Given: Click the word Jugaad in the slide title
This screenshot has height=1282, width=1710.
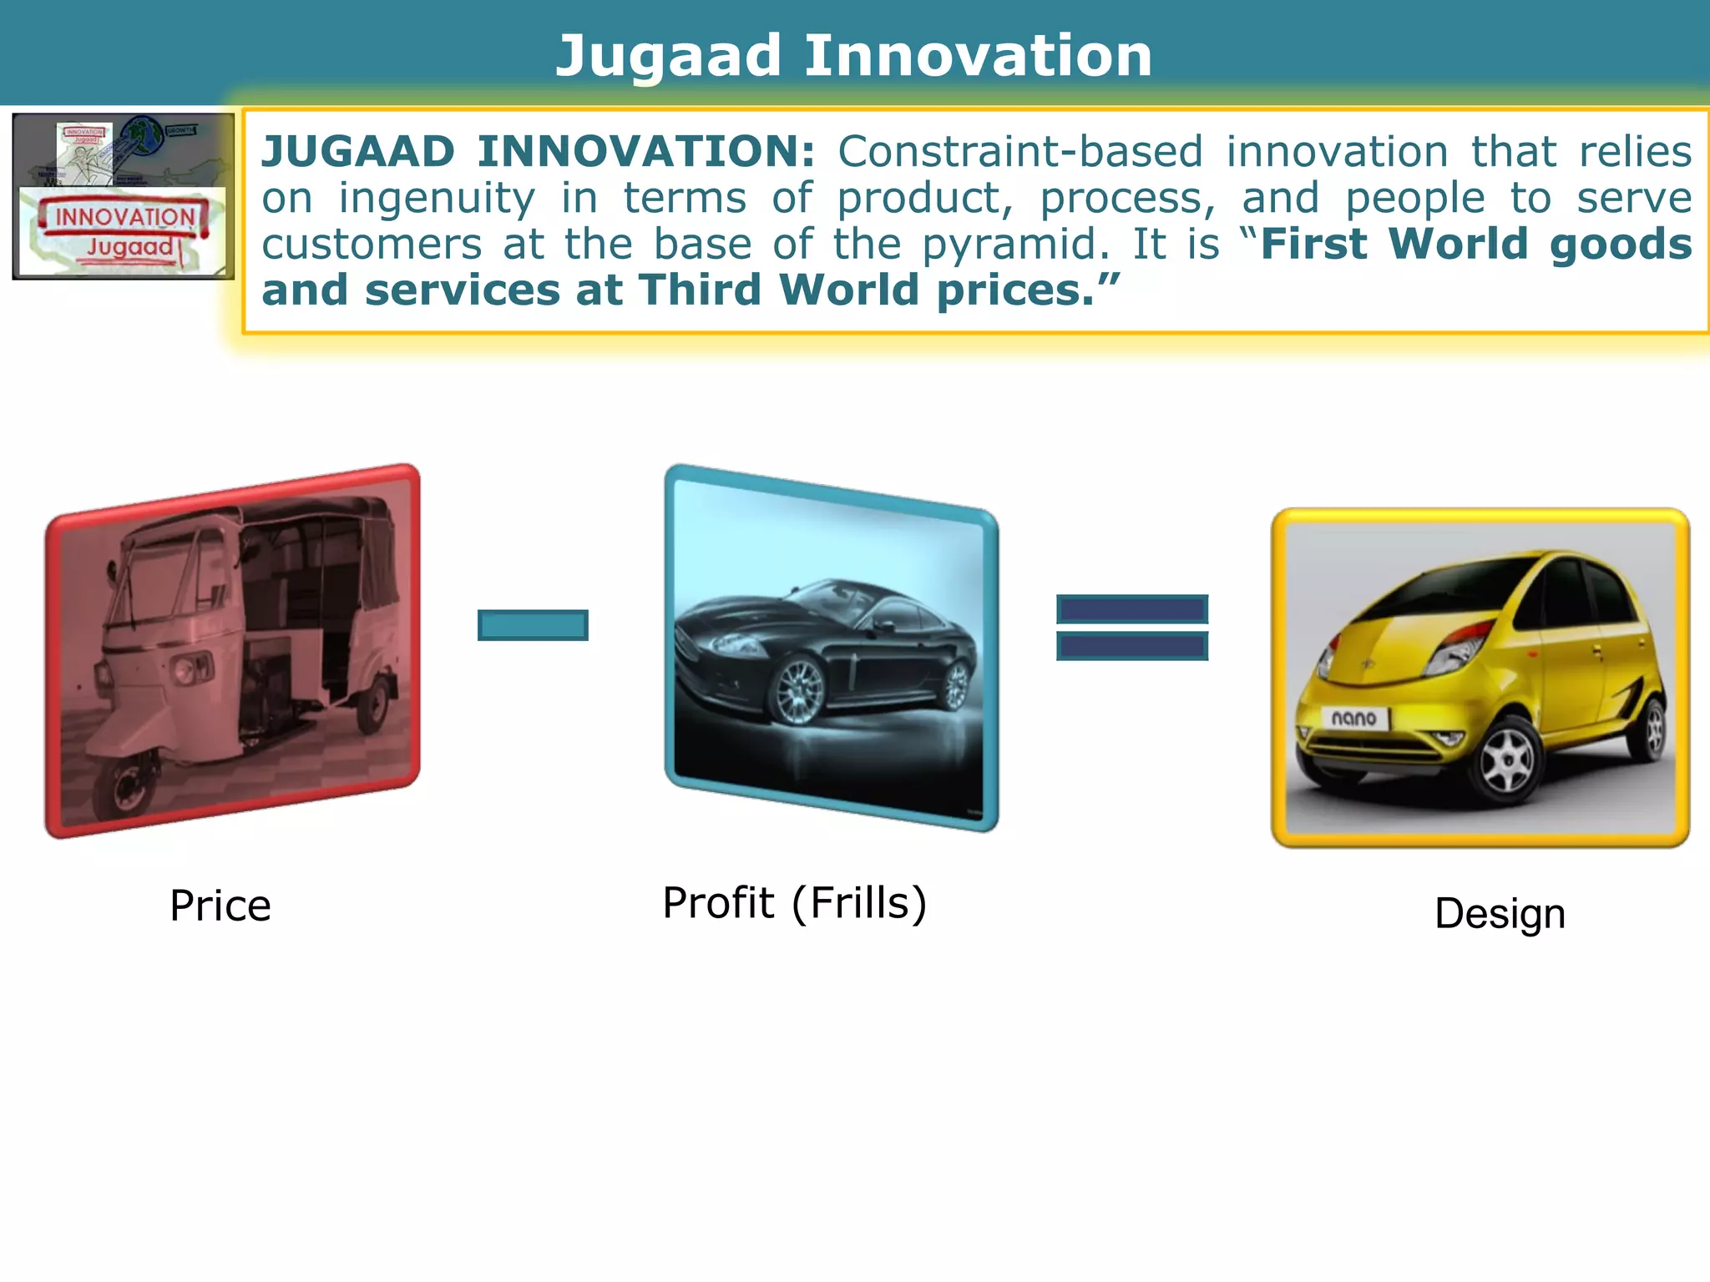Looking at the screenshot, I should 668,57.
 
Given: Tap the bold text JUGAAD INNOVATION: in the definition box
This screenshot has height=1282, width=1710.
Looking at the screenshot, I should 539,152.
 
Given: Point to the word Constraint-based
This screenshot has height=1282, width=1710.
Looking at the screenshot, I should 1019,152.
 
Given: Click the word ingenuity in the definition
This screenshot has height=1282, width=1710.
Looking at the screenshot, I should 436,199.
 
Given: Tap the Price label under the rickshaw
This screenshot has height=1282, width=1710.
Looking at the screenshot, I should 220,906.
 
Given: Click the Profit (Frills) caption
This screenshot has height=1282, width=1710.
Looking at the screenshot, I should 794,903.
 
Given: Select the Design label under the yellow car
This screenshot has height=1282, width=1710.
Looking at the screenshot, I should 1500,913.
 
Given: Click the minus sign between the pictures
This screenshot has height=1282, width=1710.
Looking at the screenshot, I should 533,625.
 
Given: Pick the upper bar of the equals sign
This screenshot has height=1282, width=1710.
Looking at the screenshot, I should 1131,609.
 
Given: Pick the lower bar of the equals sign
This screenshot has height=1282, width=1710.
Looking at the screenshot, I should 1131,646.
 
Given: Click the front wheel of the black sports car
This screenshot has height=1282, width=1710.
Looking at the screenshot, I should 799,691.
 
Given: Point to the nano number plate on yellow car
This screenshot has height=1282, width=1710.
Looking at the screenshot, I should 1354,718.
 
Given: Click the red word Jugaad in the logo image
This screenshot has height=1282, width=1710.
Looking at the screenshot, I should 129,247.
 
